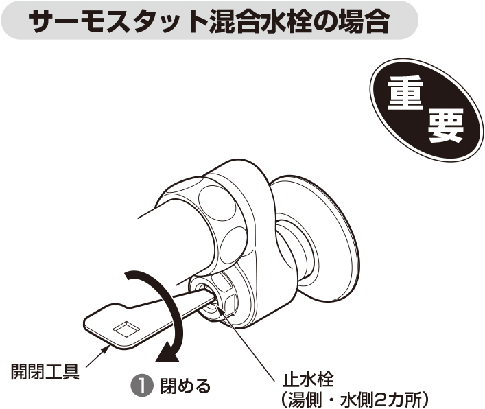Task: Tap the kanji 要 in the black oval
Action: point(445,126)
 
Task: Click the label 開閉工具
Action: point(45,371)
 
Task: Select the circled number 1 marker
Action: point(141,386)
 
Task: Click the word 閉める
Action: point(185,386)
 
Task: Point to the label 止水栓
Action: point(308,379)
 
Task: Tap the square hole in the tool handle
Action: point(126,329)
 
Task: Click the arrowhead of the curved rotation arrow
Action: point(167,353)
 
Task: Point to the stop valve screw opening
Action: point(206,294)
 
